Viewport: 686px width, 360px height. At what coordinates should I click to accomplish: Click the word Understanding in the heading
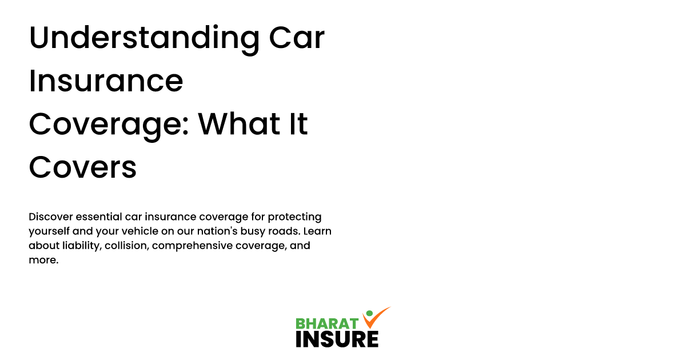pos(144,39)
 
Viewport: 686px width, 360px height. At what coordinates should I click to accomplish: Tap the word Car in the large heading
pos(297,38)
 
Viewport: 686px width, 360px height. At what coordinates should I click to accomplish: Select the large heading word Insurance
pos(106,81)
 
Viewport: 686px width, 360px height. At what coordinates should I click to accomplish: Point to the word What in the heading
pos(239,124)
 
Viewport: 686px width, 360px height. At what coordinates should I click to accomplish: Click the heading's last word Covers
pos(83,167)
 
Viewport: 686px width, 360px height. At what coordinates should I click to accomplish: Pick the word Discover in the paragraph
pos(51,217)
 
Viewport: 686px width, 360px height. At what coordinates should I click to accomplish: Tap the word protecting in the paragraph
pos(294,217)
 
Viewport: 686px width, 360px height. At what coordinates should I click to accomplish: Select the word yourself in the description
pos(49,231)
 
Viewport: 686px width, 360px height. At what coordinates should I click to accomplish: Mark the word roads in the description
pos(285,231)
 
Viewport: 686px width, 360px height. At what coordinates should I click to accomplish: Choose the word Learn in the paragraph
pos(317,231)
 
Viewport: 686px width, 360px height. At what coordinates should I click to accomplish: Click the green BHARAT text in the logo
pos(327,323)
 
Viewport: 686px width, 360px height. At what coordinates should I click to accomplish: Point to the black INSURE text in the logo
pos(337,339)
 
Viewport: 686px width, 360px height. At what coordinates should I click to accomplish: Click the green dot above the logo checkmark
pos(369,313)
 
